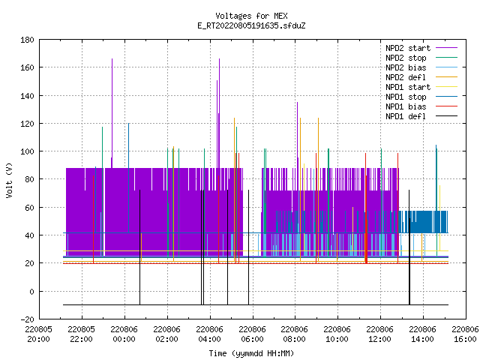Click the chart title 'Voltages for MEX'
(251, 16)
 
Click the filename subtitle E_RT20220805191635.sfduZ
(251, 25)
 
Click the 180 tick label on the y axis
(28, 40)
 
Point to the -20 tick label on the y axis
(28, 319)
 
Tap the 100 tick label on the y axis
(28, 151)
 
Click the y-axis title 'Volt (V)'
(9, 180)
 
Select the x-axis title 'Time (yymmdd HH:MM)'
(251, 353)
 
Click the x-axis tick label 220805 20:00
(38, 334)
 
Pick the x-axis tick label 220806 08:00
(295, 334)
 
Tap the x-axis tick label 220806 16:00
(465, 334)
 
